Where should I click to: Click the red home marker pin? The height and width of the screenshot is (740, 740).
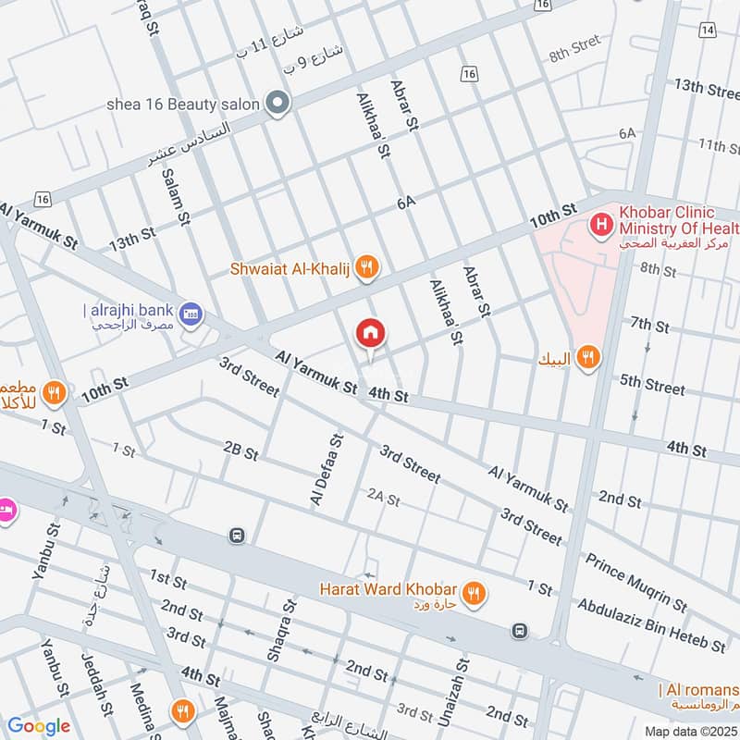pyautogui.click(x=371, y=333)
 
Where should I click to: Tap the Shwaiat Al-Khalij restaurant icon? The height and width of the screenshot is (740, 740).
pyautogui.click(x=367, y=268)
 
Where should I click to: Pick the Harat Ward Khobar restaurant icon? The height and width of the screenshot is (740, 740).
pyautogui.click(x=473, y=593)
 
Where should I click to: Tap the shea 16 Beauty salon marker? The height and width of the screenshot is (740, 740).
pyautogui.click(x=276, y=104)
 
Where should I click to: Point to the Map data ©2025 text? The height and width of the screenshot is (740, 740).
pyautogui.click(x=689, y=731)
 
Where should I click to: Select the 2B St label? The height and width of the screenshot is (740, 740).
pyautogui.click(x=240, y=450)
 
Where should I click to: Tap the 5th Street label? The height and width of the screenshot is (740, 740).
pyautogui.click(x=652, y=384)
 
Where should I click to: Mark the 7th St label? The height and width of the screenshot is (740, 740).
pyautogui.click(x=649, y=326)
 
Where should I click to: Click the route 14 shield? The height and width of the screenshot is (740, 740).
pyautogui.click(x=708, y=31)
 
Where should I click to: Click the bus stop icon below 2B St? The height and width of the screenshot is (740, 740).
pyautogui.click(x=238, y=536)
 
